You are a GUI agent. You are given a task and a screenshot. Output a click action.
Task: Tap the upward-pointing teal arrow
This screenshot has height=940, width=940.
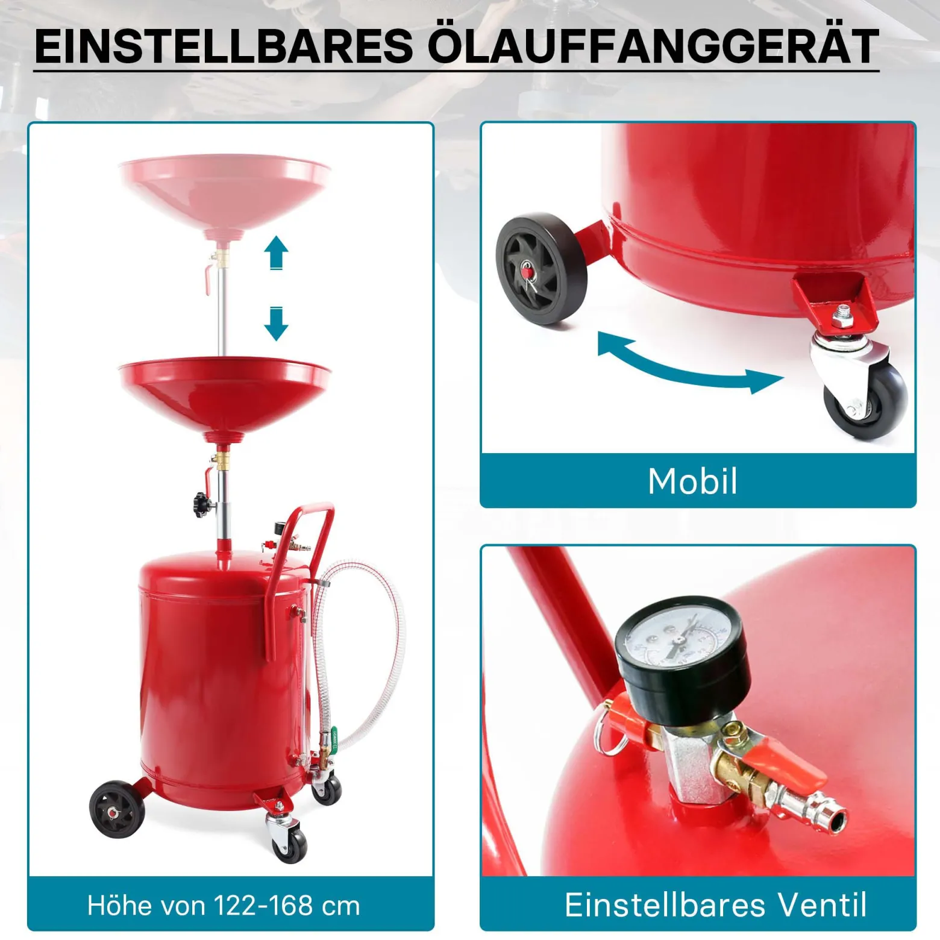[x=277, y=252]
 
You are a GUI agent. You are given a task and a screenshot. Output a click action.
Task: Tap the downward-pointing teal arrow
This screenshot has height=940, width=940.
[x=277, y=324]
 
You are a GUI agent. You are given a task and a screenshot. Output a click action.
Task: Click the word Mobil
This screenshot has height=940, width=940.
[x=692, y=481]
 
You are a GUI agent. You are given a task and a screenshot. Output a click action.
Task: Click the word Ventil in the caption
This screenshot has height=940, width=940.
[x=822, y=904]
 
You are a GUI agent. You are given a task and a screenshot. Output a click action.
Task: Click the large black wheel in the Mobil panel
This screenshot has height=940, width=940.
[x=541, y=269]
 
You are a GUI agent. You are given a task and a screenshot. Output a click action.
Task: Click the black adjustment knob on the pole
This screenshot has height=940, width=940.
[x=201, y=503]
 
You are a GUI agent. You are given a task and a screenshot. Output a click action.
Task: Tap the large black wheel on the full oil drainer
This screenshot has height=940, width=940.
[x=117, y=809]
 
